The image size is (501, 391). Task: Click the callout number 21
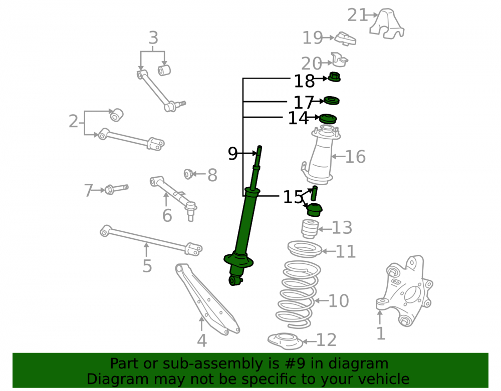[x=357, y=15]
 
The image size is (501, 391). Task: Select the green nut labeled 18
[x=335, y=77]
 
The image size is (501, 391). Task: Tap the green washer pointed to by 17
[x=332, y=101]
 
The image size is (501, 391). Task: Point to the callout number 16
[x=355, y=157]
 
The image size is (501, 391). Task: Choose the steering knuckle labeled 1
[x=404, y=290]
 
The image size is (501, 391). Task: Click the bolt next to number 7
[x=117, y=189]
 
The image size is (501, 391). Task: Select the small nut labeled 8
[x=188, y=174]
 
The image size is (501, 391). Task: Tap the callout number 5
[x=147, y=266]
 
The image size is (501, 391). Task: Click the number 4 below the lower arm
[x=201, y=340]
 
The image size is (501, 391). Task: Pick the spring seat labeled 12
[x=285, y=341]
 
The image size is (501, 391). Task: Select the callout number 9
[x=232, y=154]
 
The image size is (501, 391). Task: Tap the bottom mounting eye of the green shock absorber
[x=235, y=281]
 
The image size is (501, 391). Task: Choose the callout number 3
[x=153, y=38]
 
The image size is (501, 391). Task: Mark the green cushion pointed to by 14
[x=328, y=119]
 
